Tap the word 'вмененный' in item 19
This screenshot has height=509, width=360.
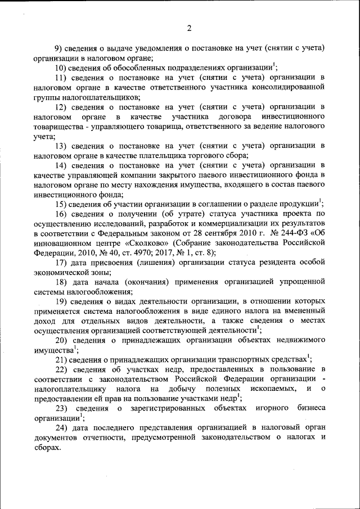pos(304,312)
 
